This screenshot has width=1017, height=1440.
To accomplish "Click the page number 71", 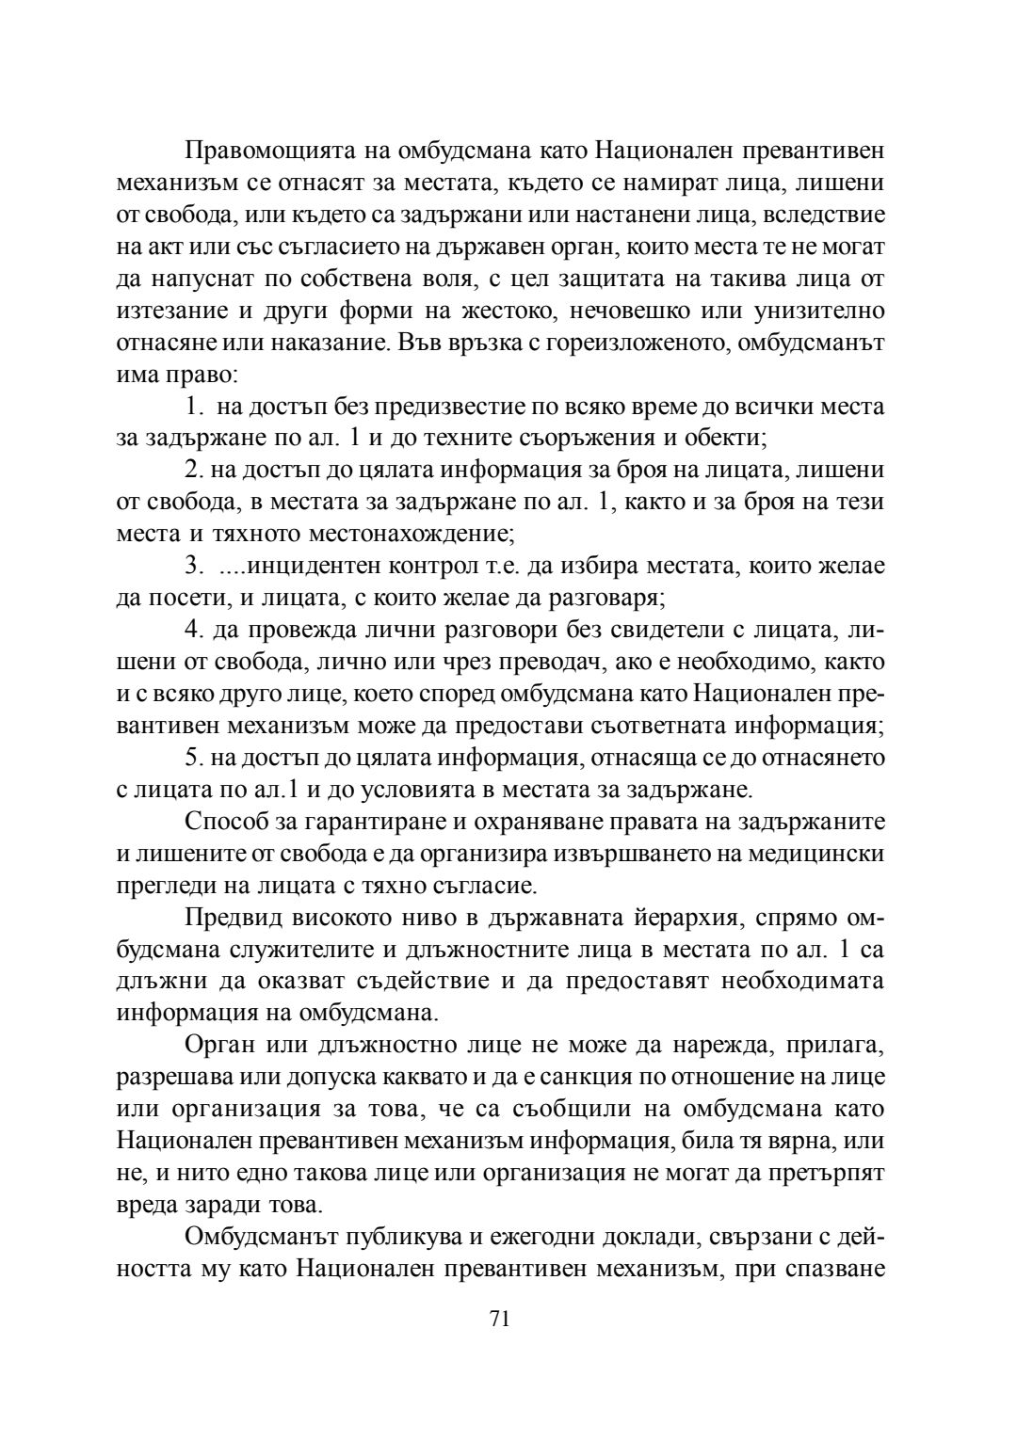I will coord(499,1320).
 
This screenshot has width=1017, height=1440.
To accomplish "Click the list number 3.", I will coord(192,567).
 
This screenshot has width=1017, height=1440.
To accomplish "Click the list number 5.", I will coord(192,758).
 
